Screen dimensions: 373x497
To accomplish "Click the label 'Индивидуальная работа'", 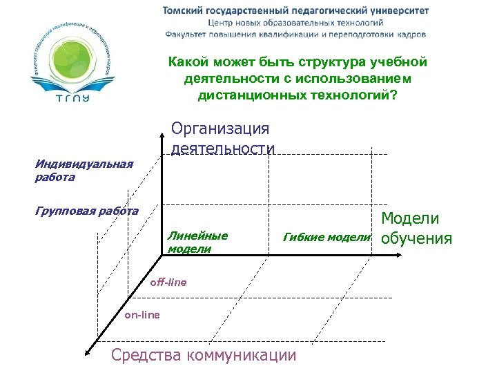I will (x=84, y=171).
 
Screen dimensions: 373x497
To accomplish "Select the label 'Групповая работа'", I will (x=86, y=211).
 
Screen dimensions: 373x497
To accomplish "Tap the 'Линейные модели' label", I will (x=197, y=242).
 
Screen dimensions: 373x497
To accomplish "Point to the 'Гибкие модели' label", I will (x=327, y=238).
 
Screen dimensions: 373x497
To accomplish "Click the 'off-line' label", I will (x=168, y=283).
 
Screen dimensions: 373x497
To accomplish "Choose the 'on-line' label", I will (x=142, y=315).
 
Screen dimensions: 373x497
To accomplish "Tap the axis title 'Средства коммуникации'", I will (x=204, y=356).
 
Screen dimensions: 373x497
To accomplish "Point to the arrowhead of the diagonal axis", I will (x=88, y=352).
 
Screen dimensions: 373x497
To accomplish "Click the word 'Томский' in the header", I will (x=183, y=10).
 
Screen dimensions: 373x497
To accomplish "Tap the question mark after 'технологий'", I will (x=393, y=95).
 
